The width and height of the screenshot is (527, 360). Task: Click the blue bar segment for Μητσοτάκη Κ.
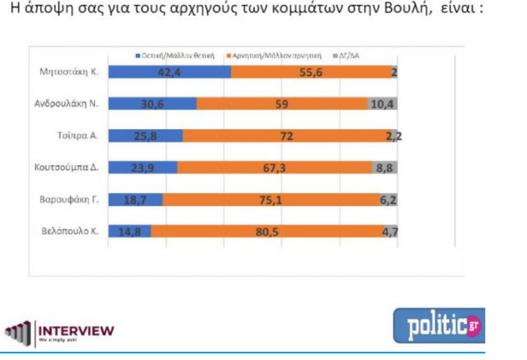point(170,72)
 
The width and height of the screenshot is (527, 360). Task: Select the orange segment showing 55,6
point(311,72)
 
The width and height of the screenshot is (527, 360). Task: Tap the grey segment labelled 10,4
point(382,104)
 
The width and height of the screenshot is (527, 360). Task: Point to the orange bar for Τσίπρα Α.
point(287,136)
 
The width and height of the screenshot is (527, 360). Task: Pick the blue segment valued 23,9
point(143,168)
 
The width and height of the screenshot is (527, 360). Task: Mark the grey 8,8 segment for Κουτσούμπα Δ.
point(384,168)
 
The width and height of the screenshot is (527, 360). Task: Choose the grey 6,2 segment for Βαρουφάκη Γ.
point(388,200)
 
